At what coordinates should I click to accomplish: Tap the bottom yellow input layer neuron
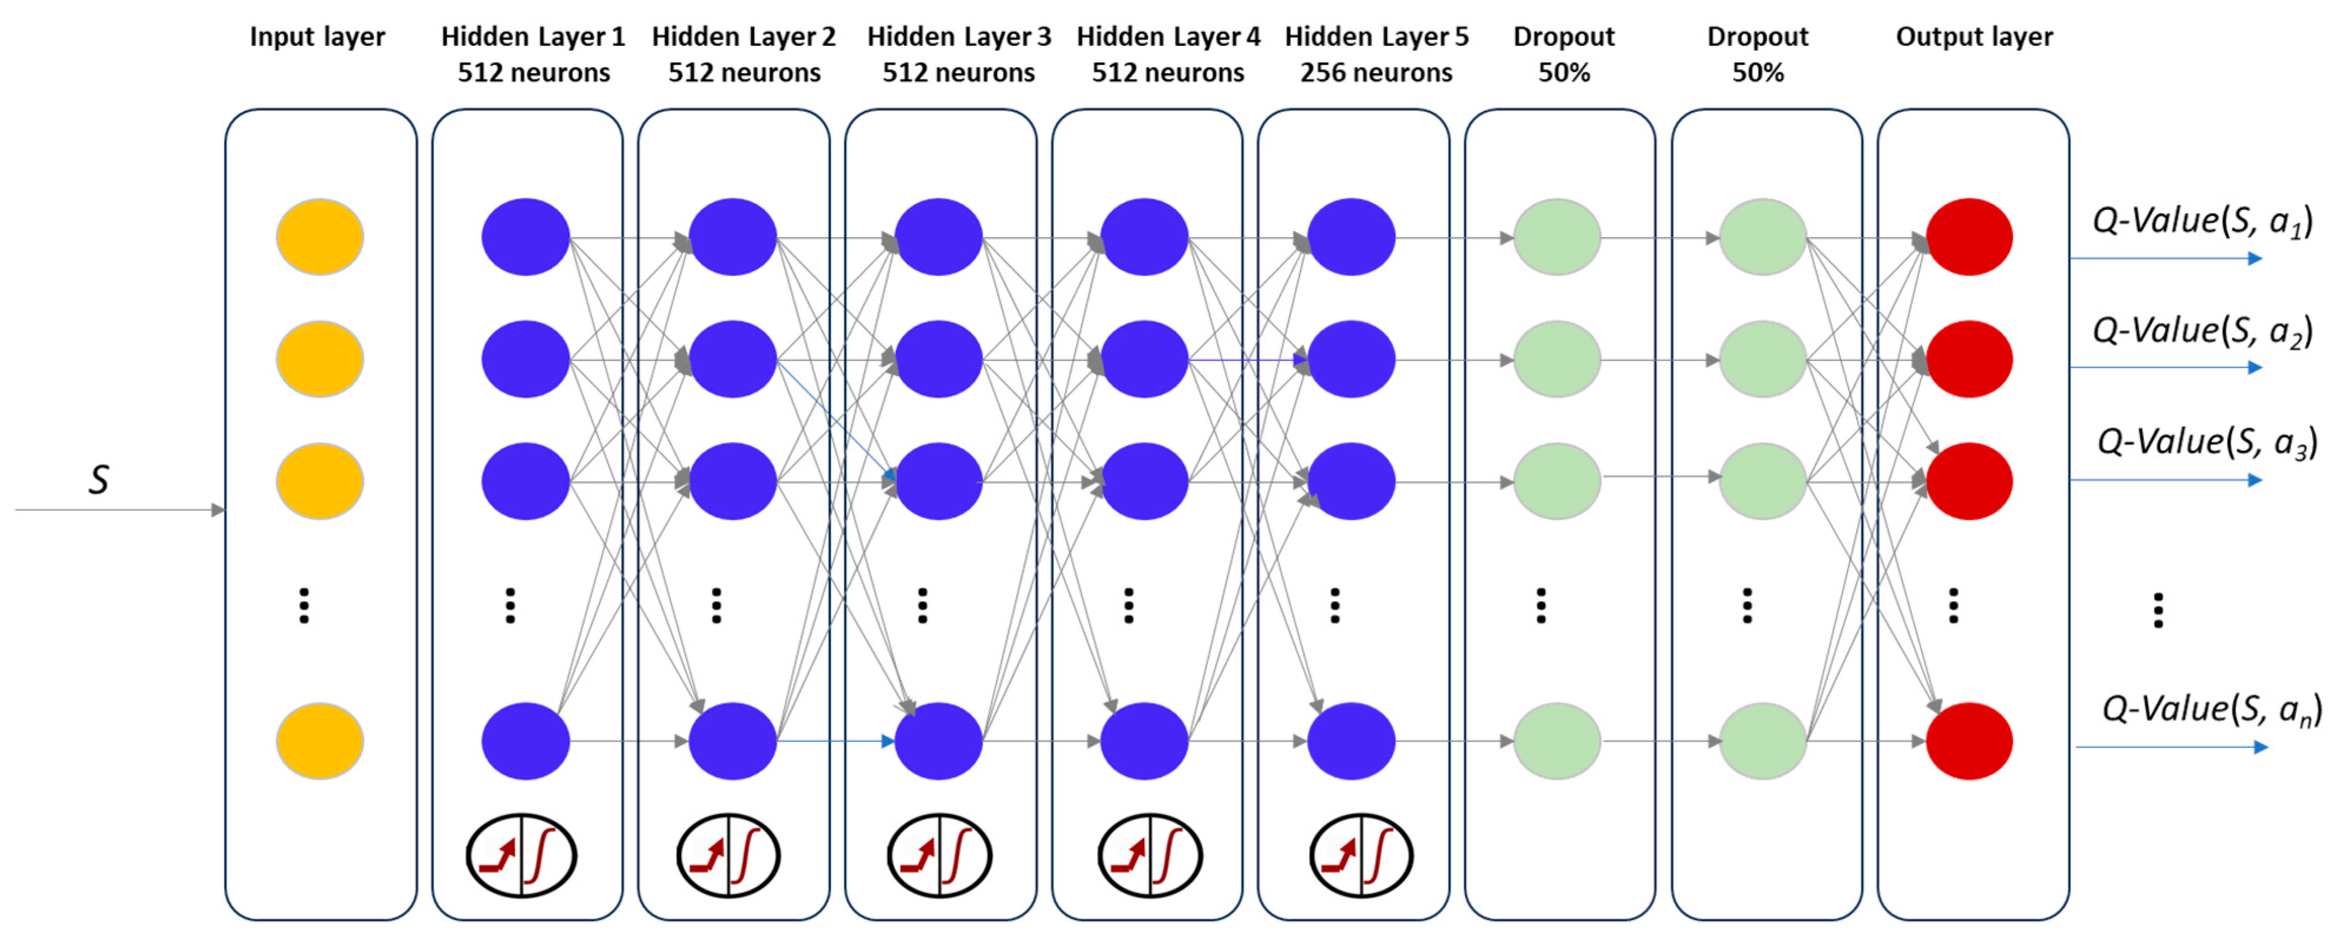point(319,741)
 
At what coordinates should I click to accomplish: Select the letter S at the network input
point(98,480)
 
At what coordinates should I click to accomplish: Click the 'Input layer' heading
point(317,36)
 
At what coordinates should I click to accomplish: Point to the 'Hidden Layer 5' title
point(1376,36)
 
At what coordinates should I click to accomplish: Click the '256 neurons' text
point(1376,73)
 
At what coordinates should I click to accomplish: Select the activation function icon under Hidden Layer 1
point(521,855)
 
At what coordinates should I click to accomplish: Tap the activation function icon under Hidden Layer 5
point(1360,855)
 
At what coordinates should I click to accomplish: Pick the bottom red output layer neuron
point(1969,741)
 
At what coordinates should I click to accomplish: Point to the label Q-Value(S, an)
point(2211,709)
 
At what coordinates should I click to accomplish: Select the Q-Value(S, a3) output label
point(2206,442)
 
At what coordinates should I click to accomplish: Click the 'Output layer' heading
point(1974,36)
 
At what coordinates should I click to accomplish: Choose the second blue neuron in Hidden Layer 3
point(938,358)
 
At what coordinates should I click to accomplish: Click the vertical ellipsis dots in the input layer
point(304,605)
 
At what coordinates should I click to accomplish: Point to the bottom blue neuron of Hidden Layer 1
point(525,741)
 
